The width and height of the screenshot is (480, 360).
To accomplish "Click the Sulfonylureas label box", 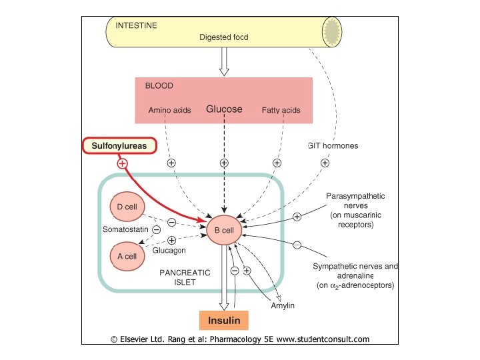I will (x=119, y=145).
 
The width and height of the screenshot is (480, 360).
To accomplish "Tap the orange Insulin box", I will (x=223, y=320).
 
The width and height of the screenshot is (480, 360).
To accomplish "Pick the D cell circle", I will (x=126, y=207).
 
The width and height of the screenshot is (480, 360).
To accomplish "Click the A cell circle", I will (x=126, y=256).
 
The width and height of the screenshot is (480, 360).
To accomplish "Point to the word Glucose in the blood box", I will (x=224, y=109).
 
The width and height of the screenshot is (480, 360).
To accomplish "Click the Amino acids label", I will (x=169, y=110).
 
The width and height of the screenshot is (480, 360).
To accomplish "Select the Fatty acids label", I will (x=280, y=110).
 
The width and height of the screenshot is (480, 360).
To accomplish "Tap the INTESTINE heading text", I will (x=137, y=25).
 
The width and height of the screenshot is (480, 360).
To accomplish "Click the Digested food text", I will (x=223, y=37).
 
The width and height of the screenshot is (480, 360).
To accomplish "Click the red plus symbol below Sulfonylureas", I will (x=122, y=163).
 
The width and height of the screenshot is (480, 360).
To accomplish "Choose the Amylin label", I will (x=283, y=305).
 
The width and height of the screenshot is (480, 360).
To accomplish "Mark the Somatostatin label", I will (x=125, y=230).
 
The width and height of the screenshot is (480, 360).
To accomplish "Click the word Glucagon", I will (x=169, y=251).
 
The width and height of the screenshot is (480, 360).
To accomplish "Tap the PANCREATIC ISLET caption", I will (x=185, y=277).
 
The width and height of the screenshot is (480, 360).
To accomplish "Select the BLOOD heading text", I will (x=159, y=85).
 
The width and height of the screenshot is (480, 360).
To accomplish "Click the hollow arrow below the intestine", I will (x=224, y=63).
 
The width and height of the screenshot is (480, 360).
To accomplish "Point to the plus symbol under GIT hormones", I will (x=325, y=163).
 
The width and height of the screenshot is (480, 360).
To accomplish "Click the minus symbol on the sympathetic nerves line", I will (x=297, y=245).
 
